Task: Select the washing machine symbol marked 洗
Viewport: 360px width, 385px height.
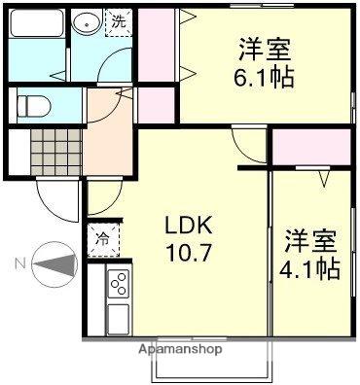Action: tap(117, 21)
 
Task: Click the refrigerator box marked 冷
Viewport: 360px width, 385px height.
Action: tap(102, 237)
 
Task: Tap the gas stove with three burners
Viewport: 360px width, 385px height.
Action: tap(118, 284)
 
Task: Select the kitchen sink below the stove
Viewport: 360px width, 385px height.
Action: tap(118, 319)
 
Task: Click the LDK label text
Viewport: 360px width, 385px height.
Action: tap(185, 227)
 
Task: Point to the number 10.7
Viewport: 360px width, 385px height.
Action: tap(185, 255)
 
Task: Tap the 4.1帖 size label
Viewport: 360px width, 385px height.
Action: tap(310, 267)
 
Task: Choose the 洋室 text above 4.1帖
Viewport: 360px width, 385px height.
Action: tap(310, 238)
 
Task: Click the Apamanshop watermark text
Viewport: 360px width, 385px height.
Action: tap(180, 348)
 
